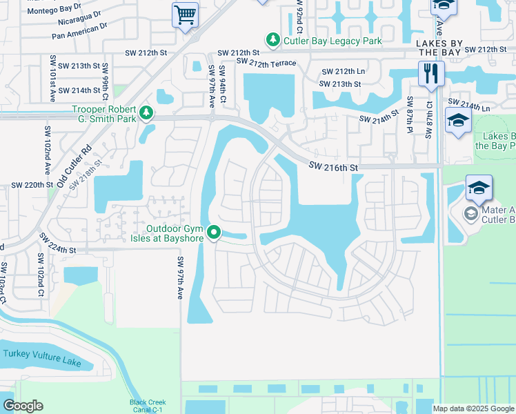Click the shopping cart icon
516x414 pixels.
tap(185, 14)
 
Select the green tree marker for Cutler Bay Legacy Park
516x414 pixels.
tap(273, 41)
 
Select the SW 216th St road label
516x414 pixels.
tap(335, 166)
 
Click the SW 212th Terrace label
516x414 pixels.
tap(266, 63)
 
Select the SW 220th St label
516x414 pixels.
tap(32, 186)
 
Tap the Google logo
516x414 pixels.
tap(23, 406)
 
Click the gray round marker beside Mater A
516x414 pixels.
tap(470, 214)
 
